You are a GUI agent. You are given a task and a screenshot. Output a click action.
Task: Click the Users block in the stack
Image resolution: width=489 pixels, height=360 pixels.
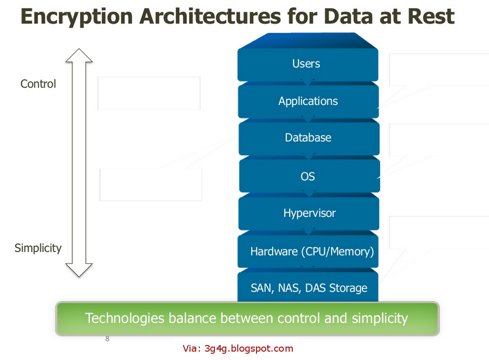307,64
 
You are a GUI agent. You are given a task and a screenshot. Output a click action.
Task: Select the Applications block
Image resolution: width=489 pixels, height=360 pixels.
308,101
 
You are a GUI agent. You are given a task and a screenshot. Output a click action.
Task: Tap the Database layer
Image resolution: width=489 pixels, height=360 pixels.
308,138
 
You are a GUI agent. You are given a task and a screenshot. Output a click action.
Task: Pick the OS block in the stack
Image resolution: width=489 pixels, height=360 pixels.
308,176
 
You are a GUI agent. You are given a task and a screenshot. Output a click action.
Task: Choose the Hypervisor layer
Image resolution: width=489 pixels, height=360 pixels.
309,213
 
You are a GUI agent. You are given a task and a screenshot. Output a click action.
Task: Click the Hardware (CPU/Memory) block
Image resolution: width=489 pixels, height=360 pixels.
311,252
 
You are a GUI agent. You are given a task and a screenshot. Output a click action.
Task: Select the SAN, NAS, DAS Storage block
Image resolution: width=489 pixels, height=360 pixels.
309,288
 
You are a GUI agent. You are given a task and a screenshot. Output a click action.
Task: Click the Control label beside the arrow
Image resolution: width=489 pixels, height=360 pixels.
38,84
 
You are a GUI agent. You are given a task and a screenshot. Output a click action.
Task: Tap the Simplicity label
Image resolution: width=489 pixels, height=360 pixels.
38,248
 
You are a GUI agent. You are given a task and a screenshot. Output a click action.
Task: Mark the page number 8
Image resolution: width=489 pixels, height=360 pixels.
107,339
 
